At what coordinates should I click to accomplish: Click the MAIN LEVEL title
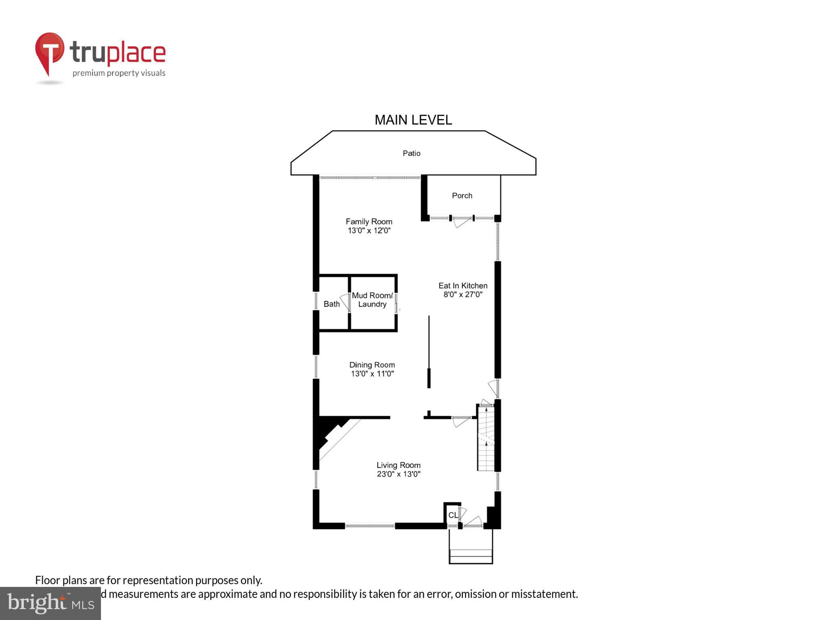tap(413, 120)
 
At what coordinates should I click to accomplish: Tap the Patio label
tap(411, 153)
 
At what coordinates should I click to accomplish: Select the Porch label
tap(462, 196)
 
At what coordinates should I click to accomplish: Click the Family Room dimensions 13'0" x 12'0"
tap(369, 231)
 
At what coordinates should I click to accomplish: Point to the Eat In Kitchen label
tap(463, 286)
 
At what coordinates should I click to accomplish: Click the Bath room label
tap(332, 304)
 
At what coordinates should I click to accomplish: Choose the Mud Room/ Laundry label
tap(372, 300)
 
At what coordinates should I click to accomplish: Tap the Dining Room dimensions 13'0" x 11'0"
tap(372, 374)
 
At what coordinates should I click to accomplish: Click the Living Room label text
tap(399, 465)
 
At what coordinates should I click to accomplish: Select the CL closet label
tap(453, 515)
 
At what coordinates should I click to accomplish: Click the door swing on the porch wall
tap(462, 222)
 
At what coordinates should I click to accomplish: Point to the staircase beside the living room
tap(486, 438)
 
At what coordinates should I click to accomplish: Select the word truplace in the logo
tap(118, 52)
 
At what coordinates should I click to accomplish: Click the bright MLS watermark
tap(50, 603)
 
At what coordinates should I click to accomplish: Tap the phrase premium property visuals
tap(119, 73)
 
